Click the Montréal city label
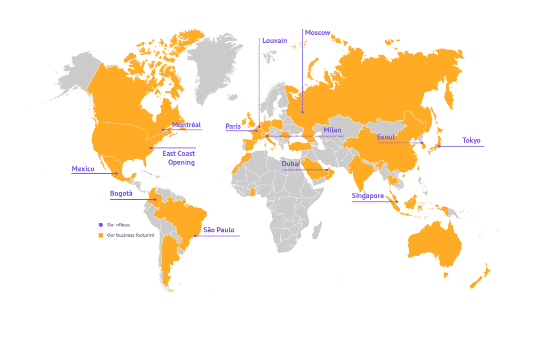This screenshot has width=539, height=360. pyautogui.click(x=186, y=125)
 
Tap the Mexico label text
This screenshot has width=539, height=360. pyautogui.click(x=82, y=169)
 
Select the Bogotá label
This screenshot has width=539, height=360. pyautogui.click(x=121, y=194)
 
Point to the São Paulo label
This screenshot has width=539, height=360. pyautogui.click(x=218, y=231)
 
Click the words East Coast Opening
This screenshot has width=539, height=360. pyautogui.click(x=179, y=158)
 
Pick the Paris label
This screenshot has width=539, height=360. pyautogui.click(x=233, y=127)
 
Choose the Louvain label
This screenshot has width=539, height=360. pyautogui.click(x=275, y=41)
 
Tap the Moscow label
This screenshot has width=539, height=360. pyautogui.click(x=318, y=33)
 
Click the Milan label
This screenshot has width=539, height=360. pyautogui.click(x=332, y=130)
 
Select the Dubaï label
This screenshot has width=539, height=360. pyautogui.click(x=291, y=164)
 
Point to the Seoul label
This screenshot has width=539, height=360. pyautogui.click(x=386, y=137)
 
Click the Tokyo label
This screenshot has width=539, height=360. pyautogui.click(x=472, y=141)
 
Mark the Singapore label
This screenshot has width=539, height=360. pyautogui.click(x=368, y=197)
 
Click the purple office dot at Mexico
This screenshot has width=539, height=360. pyautogui.click(x=116, y=174)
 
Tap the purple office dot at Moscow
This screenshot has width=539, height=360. pyautogui.click(x=303, y=113)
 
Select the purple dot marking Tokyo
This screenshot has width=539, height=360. pyautogui.click(x=440, y=146)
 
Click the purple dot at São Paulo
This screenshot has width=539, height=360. pyautogui.click(x=195, y=236)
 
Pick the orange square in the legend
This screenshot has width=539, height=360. pyautogui.click(x=100, y=235)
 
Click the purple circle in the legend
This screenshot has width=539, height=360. pyautogui.click(x=100, y=225)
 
